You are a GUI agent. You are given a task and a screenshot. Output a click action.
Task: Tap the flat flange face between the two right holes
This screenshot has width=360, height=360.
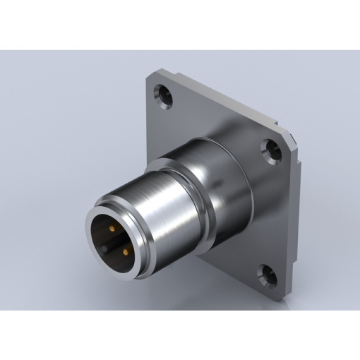click(279, 212)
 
